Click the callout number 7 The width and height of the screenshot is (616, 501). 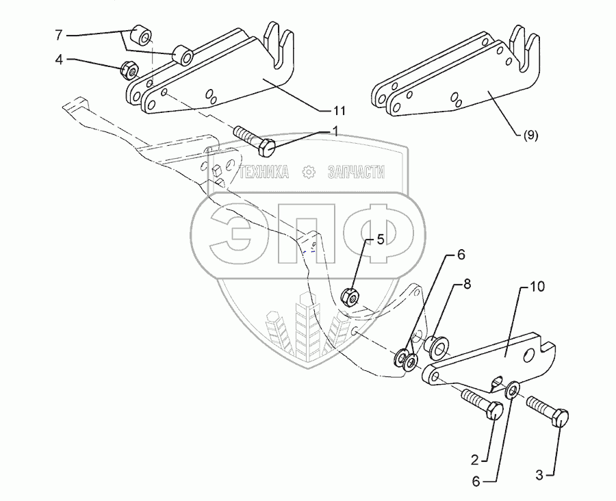pos(59,34)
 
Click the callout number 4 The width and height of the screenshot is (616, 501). pos(59,60)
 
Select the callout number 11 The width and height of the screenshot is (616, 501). pos(339,110)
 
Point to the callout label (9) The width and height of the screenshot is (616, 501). pos(530,135)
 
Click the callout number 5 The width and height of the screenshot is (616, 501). pos(381,240)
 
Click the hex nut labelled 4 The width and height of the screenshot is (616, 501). pos(127,68)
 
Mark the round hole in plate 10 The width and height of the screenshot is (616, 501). pos(528,356)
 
